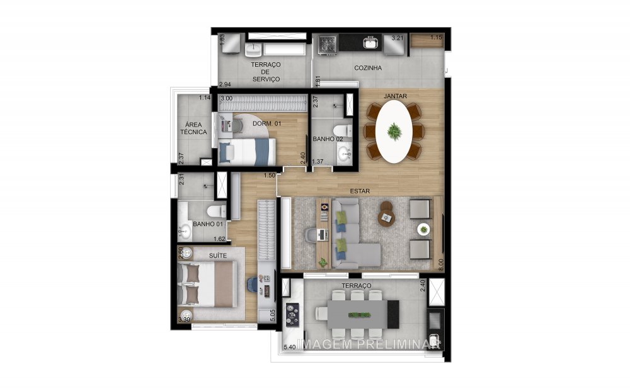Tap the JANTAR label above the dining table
(x=395, y=96)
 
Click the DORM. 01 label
(x=266, y=124)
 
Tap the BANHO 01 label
(x=208, y=224)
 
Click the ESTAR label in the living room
(x=361, y=190)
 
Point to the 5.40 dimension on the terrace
(x=290, y=347)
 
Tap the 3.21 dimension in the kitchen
(x=397, y=38)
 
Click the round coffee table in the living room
(x=386, y=216)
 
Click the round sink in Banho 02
(x=344, y=153)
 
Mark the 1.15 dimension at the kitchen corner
(x=436, y=38)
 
